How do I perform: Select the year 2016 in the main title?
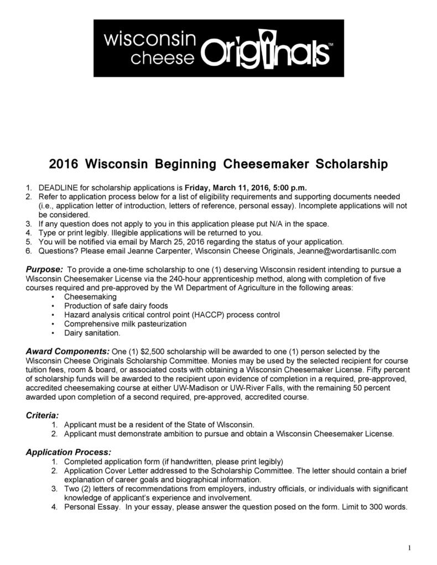tap(64, 164)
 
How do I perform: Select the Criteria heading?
tap(43, 415)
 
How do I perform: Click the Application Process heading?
tap(69, 452)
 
